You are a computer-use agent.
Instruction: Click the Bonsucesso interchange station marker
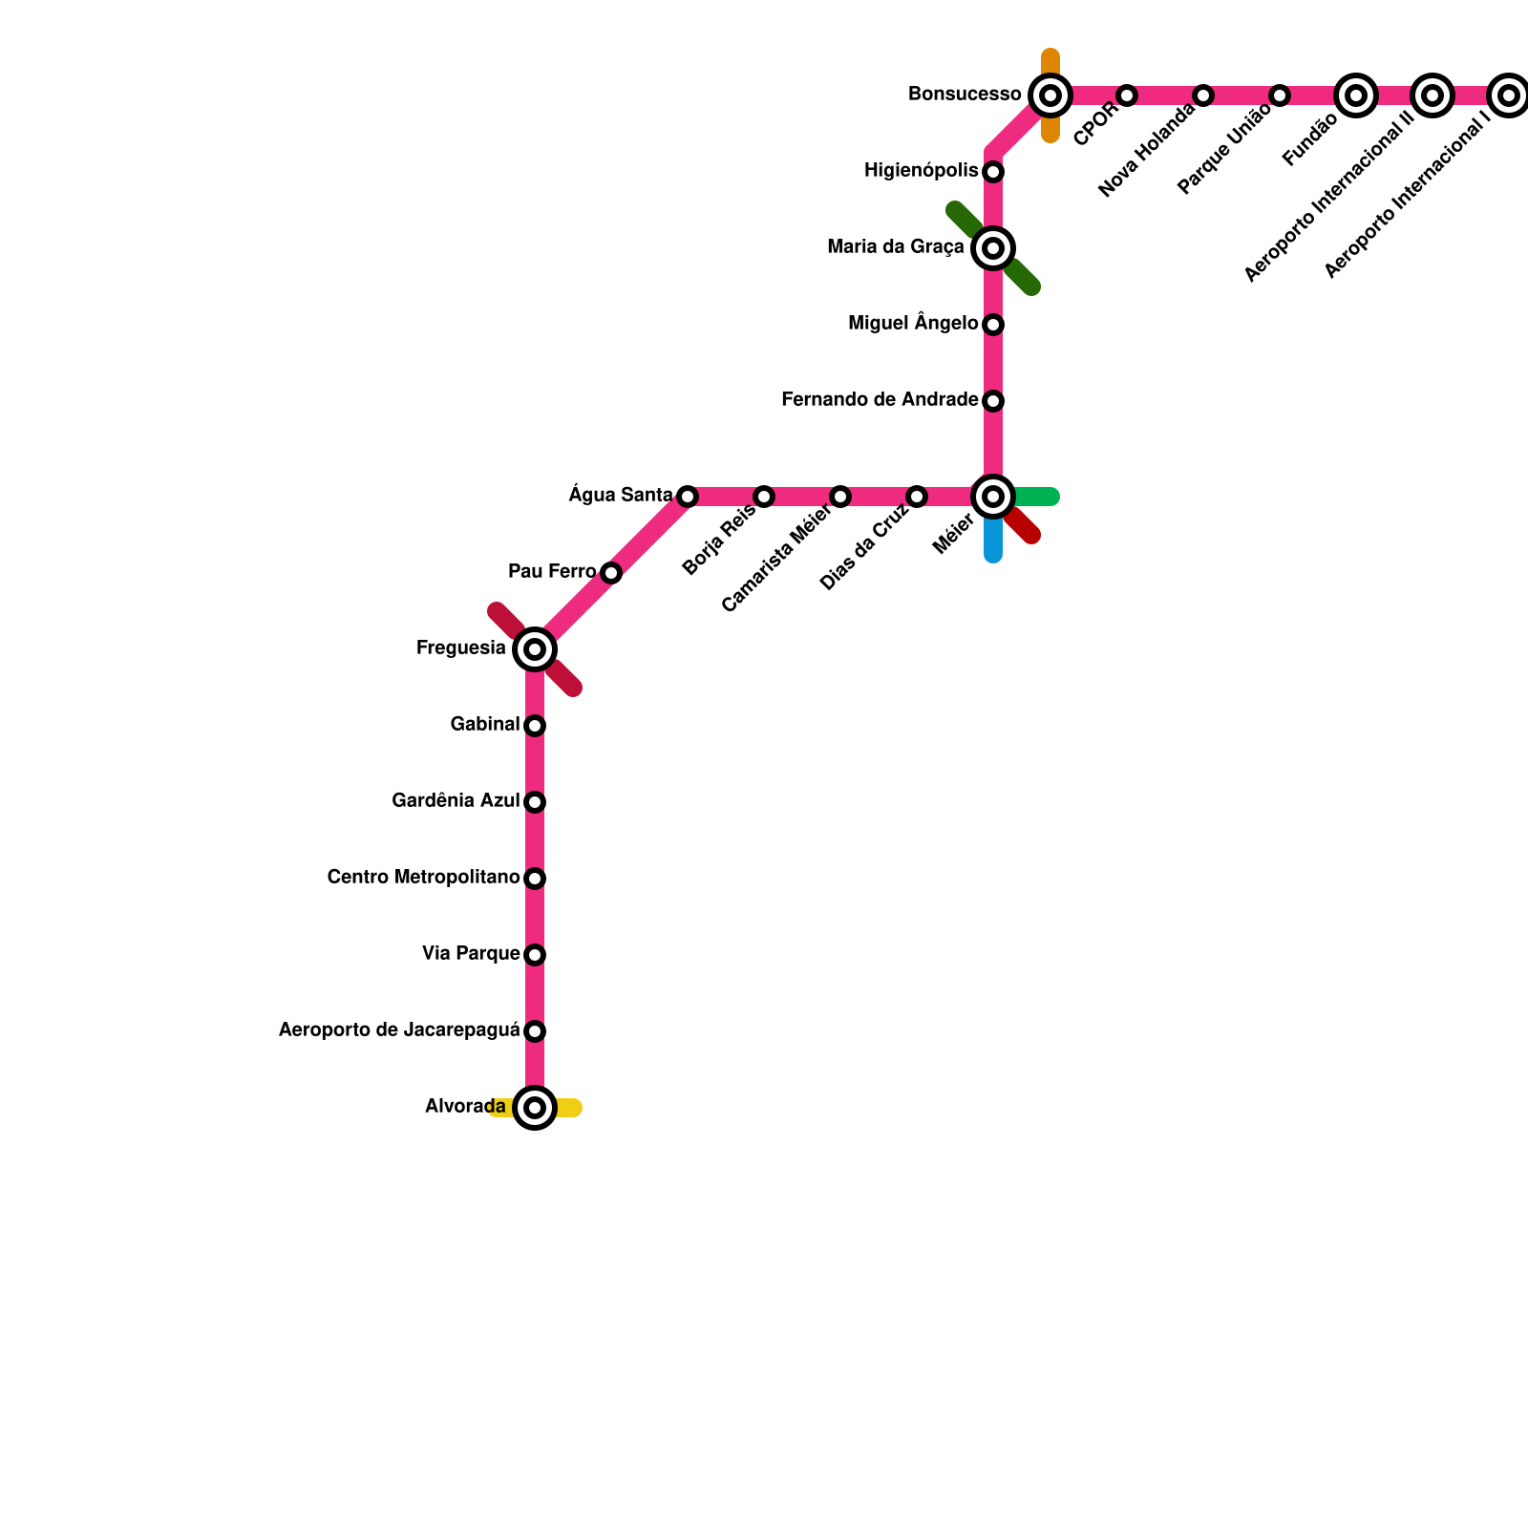pyautogui.click(x=1050, y=95)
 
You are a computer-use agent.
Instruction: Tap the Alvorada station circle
pyautogui.click(x=535, y=1108)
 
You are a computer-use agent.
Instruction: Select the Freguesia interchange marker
pyautogui.click(x=535, y=649)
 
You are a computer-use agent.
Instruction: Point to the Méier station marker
pyautogui.click(x=993, y=497)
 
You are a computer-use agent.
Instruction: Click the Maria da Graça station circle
pyautogui.click(x=993, y=248)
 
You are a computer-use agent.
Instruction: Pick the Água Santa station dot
pyautogui.click(x=688, y=497)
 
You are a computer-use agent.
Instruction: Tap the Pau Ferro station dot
pyautogui.click(x=611, y=573)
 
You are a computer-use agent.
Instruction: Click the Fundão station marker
pyautogui.click(x=1356, y=95)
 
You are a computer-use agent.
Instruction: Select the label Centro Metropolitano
pyautogui.click(x=423, y=877)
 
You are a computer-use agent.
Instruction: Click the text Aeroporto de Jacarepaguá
pyautogui.click(x=399, y=1029)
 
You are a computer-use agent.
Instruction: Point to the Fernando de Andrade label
pyautogui.click(x=880, y=399)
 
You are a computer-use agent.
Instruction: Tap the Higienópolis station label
pyautogui.click(x=922, y=170)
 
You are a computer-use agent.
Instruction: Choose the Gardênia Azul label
pyautogui.click(x=456, y=800)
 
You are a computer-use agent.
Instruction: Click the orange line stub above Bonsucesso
pyautogui.click(x=1050, y=61)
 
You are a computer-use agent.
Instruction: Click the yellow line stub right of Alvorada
pyautogui.click(x=569, y=1108)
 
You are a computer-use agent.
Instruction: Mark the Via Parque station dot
pyautogui.click(x=535, y=955)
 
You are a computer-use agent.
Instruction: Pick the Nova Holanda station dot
pyautogui.click(x=1203, y=95)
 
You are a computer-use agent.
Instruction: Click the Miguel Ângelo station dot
pyautogui.click(x=993, y=325)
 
